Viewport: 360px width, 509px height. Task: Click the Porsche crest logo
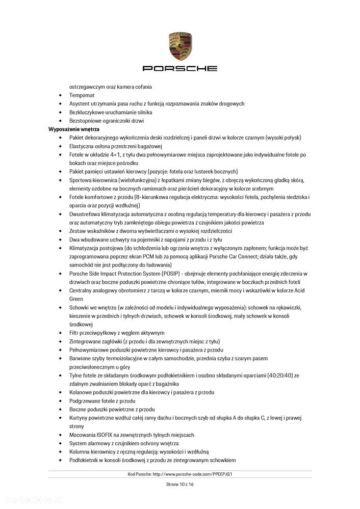[179, 46]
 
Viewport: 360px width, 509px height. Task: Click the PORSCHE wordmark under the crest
[179, 68]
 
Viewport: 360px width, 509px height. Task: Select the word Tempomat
[82, 95]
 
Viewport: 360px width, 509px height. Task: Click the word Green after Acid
[76, 299]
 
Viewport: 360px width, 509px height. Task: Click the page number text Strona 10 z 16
[179, 484]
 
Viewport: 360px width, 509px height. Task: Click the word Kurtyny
[79, 418]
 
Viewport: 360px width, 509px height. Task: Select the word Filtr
[74, 333]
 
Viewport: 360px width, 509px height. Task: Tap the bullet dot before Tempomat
[61, 95]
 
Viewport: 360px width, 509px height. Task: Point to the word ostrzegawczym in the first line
[88, 87]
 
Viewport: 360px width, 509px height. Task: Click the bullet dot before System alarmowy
[61, 443]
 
